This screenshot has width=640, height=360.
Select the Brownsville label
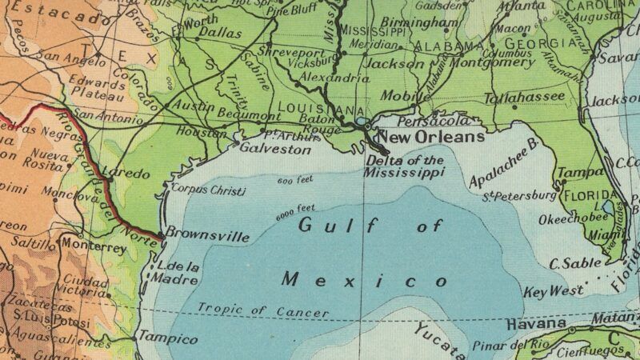207,237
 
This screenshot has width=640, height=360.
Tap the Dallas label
219,33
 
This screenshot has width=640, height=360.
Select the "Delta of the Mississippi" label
404,166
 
